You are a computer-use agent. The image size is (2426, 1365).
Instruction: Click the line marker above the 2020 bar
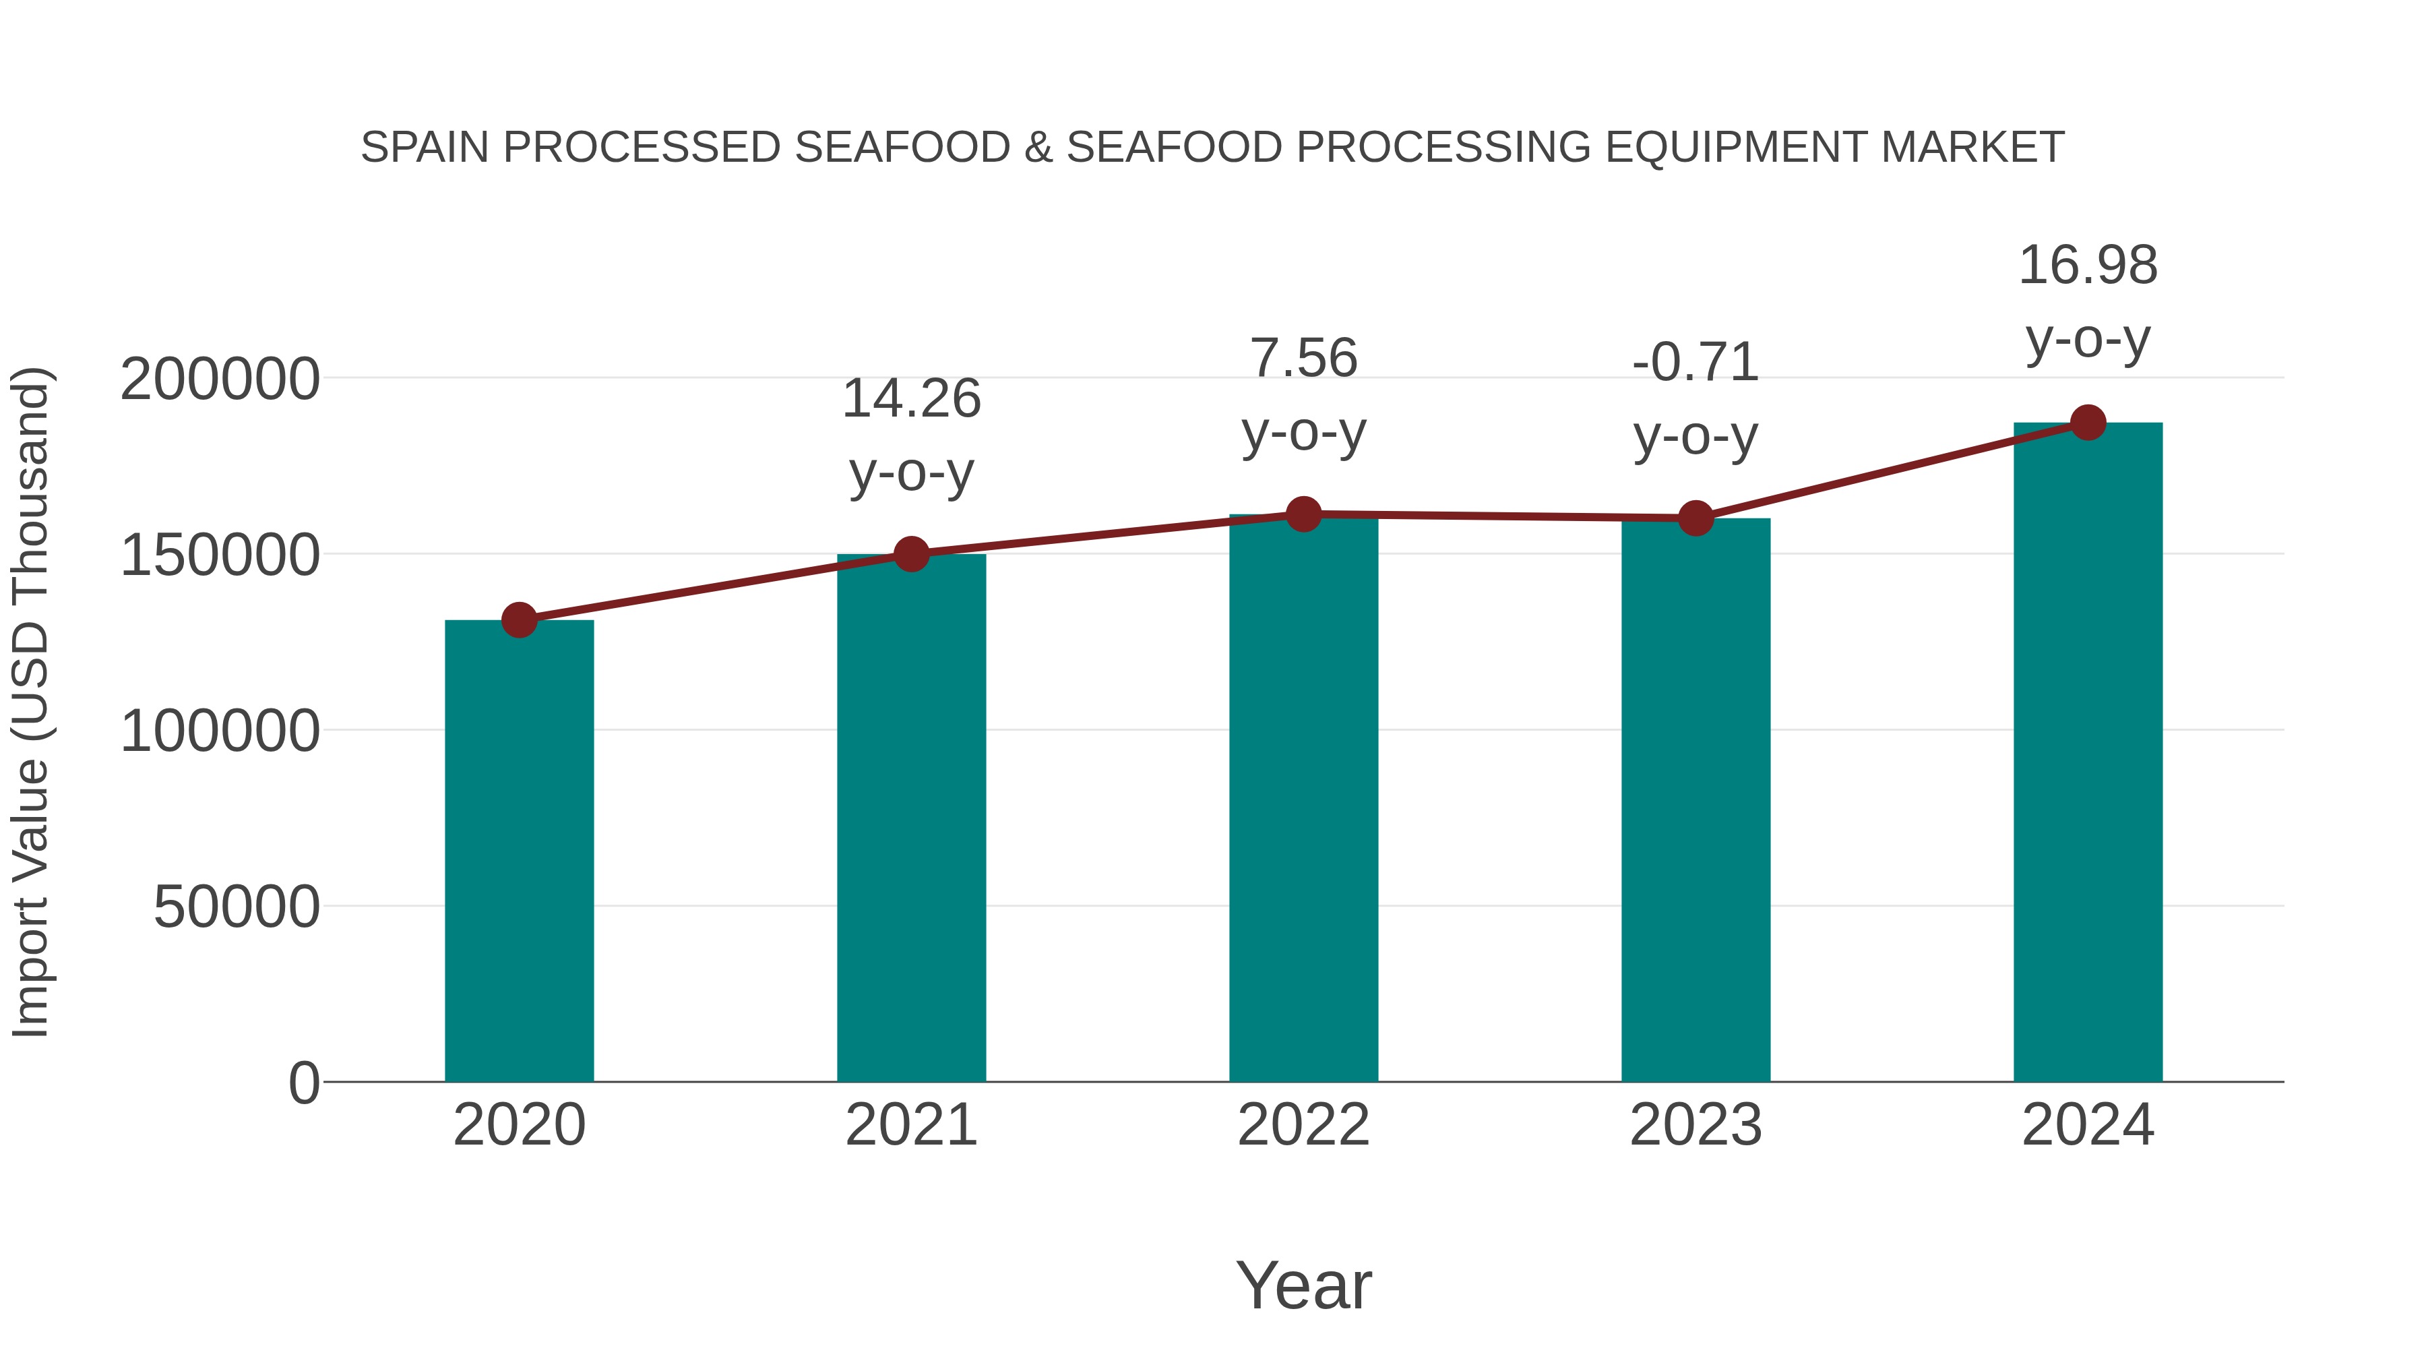[x=519, y=620]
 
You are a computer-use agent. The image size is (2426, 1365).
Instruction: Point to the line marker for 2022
[x=1303, y=514]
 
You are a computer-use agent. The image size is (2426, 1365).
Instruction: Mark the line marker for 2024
[x=2088, y=423]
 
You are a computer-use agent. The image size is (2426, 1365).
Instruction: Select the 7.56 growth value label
[x=1303, y=359]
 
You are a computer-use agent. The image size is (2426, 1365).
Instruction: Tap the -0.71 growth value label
[x=1696, y=363]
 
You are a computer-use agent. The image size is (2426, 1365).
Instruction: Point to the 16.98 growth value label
[x=2088, y=266]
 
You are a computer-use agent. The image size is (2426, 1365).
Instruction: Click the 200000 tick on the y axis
[x=220, y=380]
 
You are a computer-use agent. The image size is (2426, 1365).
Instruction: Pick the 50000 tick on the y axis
[x=237, y=907]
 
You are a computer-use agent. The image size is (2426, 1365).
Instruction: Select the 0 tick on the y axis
[x=303, y=1083]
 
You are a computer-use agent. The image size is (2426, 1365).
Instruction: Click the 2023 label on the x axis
[x=1696, y=1125]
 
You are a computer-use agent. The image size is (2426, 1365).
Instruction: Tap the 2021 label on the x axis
[x=910, y=1125]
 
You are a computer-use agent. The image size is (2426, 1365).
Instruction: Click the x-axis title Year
[x=1303, y=1285]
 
